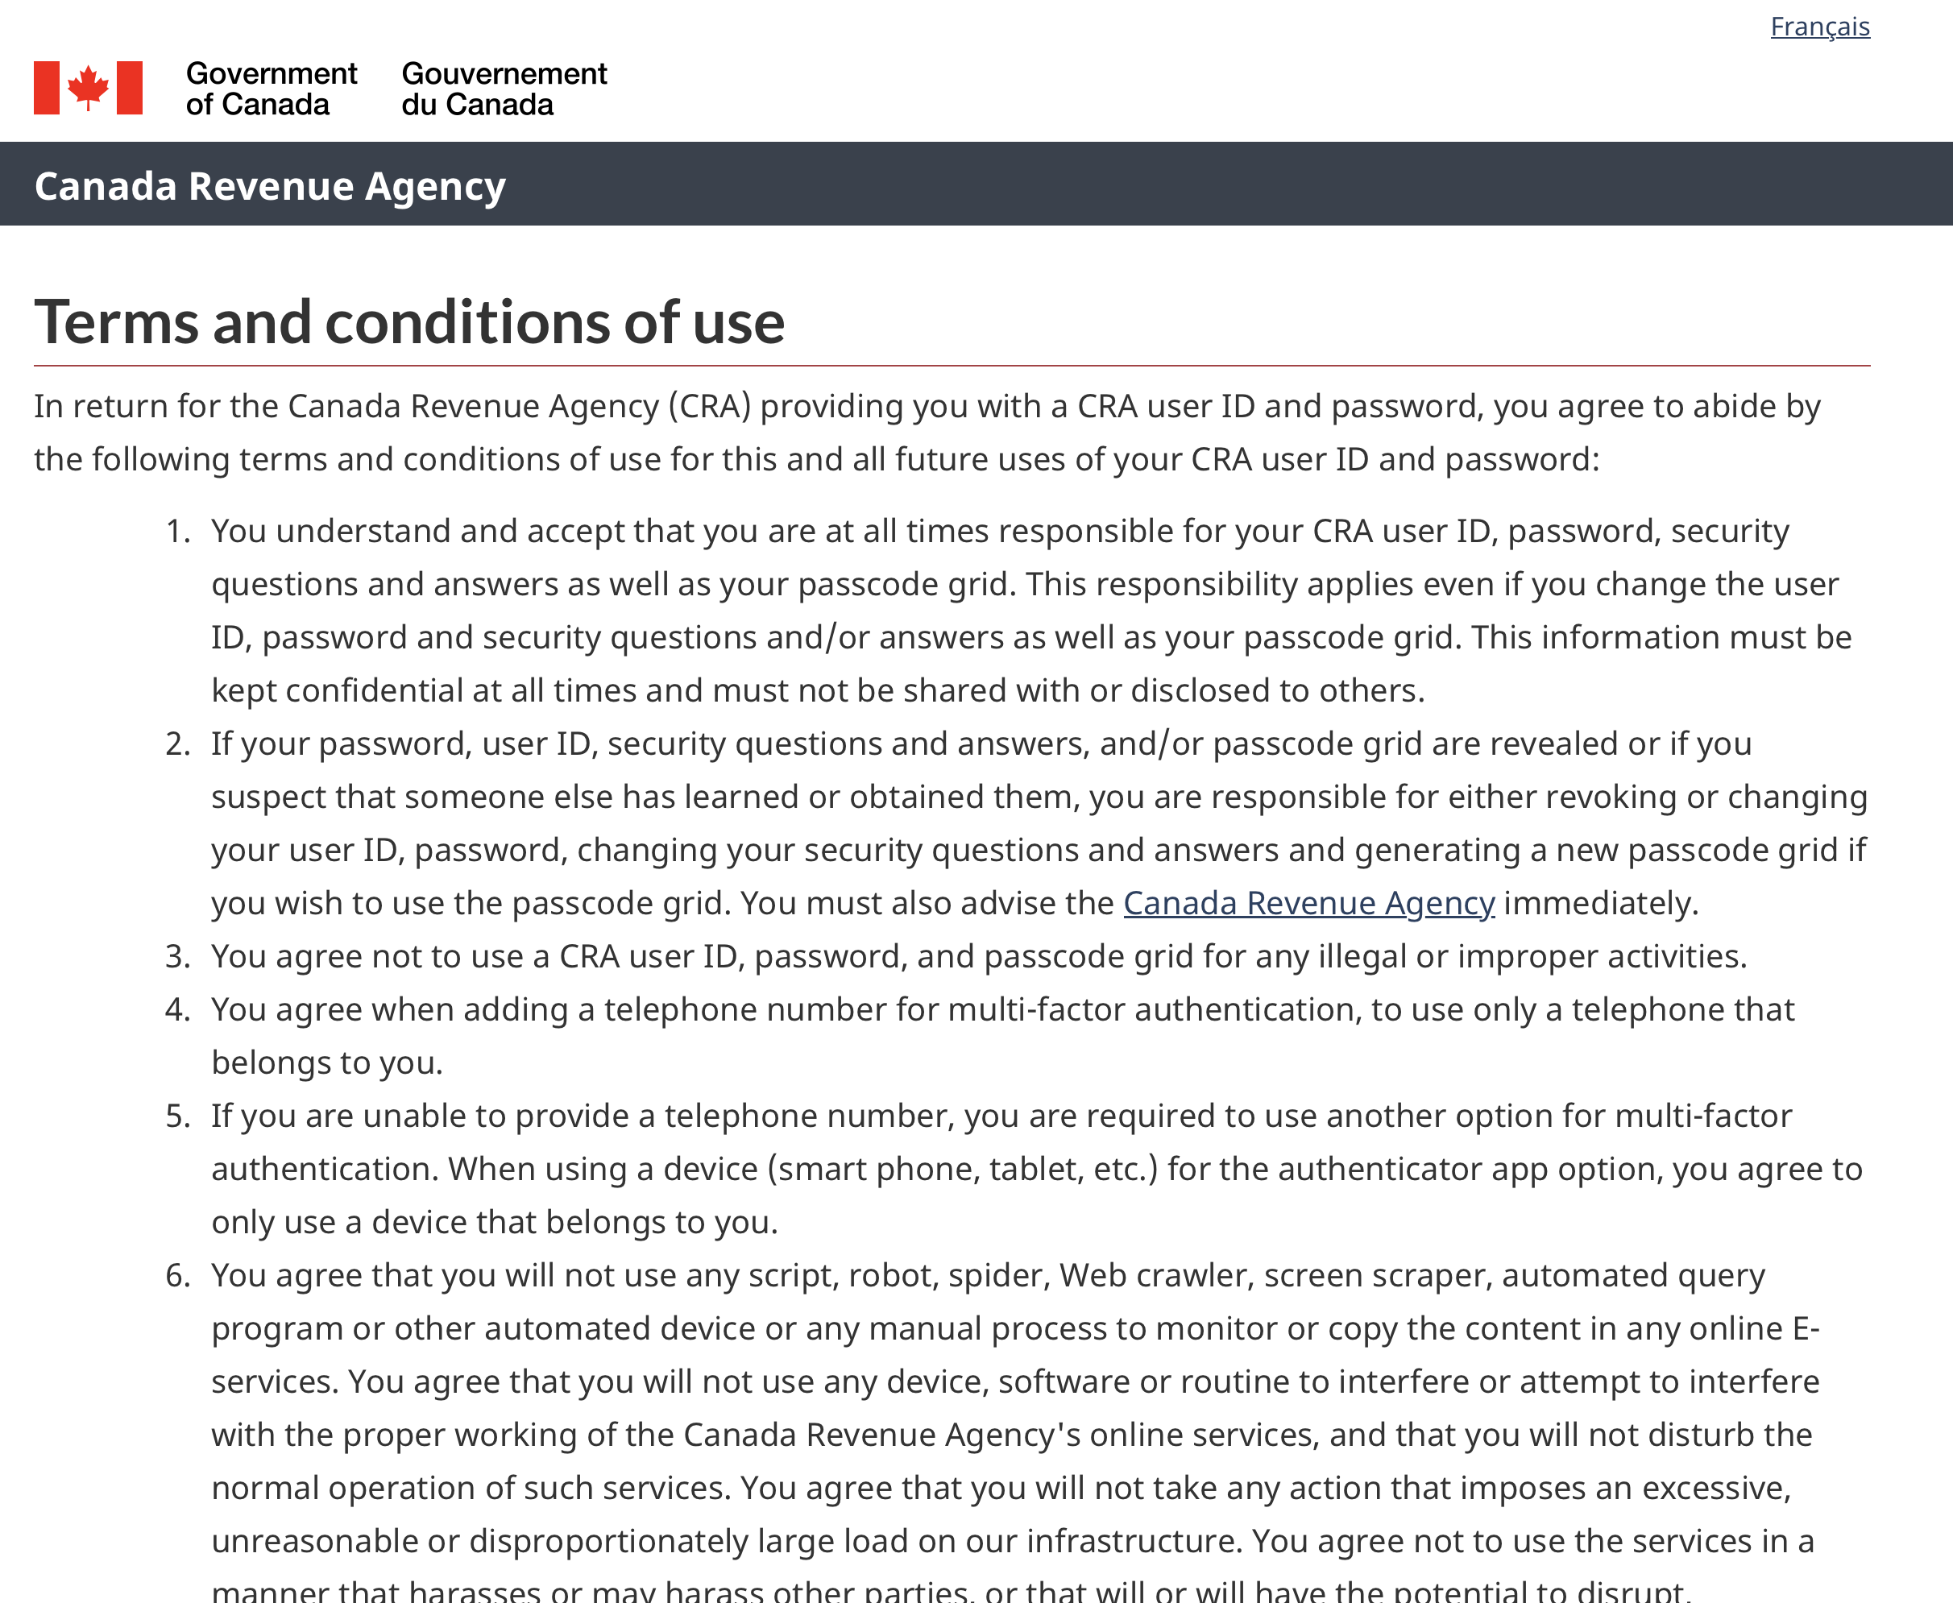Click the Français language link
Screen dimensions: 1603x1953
click(1819, 27)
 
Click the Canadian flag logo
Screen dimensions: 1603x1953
click(89, 88)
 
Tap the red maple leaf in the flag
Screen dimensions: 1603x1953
click(89, 87)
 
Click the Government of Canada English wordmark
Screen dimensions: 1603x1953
click(271, 89)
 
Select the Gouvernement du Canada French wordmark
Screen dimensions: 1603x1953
click(504, 89)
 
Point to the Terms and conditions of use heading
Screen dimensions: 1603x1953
click(409, 322)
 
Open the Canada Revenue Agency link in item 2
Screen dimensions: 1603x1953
click(1308, 903)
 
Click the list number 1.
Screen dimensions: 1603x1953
click(176, 532)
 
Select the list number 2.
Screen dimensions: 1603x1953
click(176, 744)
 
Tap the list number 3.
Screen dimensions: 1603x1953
click(176, 957)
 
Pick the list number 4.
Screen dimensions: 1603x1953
click(176, 1010)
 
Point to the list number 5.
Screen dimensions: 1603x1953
click(176, 1116)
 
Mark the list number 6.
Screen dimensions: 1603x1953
click(176, 1276)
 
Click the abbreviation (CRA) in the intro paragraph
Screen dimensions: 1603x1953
click(709, 406)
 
